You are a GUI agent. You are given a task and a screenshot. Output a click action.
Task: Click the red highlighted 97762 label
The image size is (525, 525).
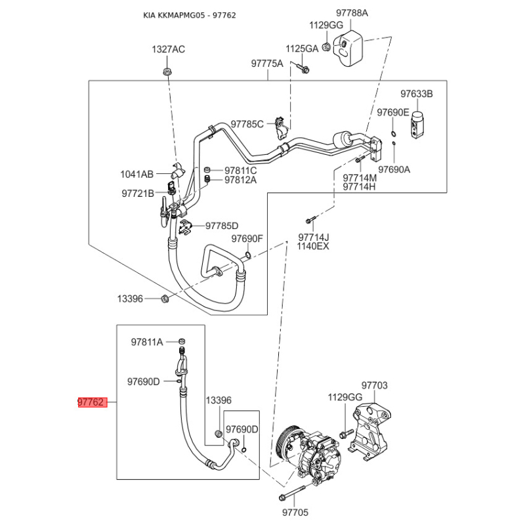(x=91, y=402)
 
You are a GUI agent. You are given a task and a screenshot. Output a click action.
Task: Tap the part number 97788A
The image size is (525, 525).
(x=352, y=13)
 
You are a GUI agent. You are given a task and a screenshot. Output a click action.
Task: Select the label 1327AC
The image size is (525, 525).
(x=169, y=49)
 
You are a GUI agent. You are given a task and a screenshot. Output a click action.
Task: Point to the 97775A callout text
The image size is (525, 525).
(x=267, y=64)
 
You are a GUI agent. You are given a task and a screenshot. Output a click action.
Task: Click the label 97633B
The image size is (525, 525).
(x=417, y=94)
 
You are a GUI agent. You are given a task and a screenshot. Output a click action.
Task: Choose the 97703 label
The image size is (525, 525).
(x=375, y=386)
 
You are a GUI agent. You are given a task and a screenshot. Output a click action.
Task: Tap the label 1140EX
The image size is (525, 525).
(x=313, y=246)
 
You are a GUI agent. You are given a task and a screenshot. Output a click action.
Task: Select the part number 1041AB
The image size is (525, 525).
(x=136, y=174)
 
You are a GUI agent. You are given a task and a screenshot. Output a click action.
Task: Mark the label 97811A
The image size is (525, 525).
(x=146, y=342)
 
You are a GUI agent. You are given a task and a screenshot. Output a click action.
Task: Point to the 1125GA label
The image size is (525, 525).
(x=301, y=49)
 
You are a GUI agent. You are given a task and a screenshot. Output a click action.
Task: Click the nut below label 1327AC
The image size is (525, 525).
(x=167, y=70)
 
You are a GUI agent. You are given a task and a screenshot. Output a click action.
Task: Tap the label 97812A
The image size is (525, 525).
(x=240, y=180)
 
